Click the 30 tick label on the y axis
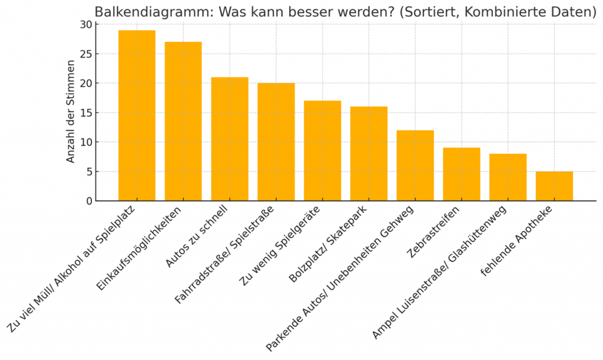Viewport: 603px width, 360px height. [86, 25]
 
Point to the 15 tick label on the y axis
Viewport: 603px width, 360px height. [86, 113]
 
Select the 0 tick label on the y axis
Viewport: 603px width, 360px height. [89, 201]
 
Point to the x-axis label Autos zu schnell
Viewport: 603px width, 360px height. [201, 236]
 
